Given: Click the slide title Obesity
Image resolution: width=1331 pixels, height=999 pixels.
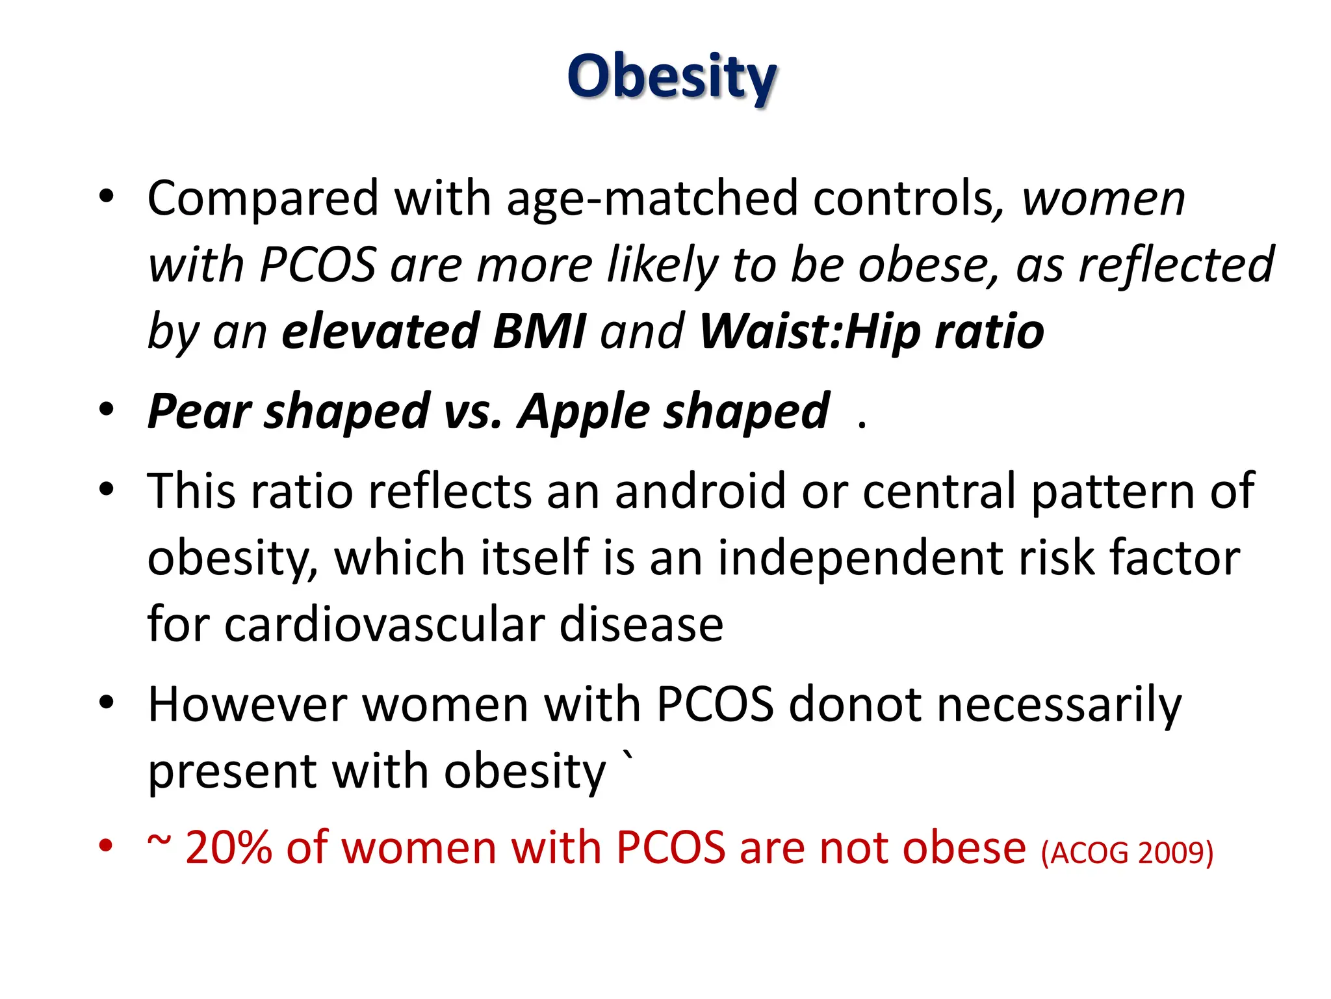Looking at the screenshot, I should [671, 77].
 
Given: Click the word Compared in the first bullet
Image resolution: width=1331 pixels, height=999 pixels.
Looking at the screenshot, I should [263, 198].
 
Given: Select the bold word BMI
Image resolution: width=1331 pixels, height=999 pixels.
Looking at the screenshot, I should [539, 332].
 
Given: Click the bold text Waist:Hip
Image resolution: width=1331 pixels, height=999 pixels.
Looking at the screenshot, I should [809, 332].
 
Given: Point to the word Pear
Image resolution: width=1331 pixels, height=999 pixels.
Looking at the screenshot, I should [198, 412].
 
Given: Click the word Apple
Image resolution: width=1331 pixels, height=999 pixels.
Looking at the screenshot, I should [582, 412].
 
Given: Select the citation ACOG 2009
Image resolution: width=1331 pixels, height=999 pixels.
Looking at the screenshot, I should [1127, 853].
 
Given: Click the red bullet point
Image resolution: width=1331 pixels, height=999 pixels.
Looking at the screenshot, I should [106, 846].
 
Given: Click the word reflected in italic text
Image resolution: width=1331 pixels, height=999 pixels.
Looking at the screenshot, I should [1176, 265].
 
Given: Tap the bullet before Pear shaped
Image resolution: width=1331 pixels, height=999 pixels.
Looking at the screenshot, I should [106, 410].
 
